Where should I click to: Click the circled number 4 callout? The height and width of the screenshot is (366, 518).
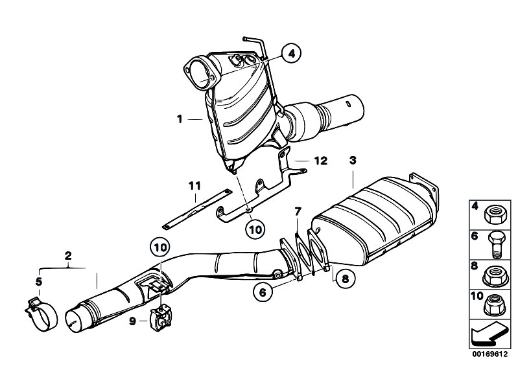[x=291, y=54]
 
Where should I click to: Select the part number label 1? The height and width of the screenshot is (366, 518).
[x=178, y=119]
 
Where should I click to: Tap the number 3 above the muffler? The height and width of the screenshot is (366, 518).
[x=352, y=159]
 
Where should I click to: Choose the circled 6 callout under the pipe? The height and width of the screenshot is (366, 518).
[x=263, y=293]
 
